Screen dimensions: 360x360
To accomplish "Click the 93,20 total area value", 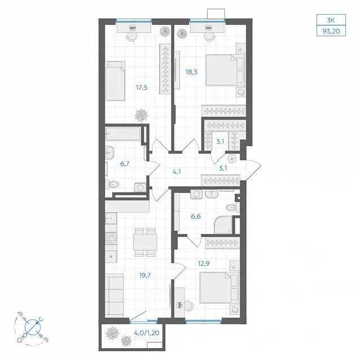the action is point(331,31).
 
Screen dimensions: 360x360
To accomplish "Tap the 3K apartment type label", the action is point(331,20).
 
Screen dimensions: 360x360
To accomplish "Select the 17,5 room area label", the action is point(142,87).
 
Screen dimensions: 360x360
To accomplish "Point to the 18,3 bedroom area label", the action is point(191,72).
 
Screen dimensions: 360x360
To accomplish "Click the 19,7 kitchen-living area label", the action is point(145,275).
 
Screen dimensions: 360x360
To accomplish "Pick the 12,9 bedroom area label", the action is point(204,264).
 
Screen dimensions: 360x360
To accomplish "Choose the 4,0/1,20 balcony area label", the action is point(147,333).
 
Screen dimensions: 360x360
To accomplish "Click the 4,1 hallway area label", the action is point(177,172).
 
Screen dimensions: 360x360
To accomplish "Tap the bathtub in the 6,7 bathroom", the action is point(123,134).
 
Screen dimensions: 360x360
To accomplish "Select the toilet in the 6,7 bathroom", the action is point(112,184).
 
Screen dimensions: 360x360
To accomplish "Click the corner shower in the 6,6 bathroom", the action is point(223,225).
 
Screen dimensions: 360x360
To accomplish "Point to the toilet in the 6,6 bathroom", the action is point(232,208).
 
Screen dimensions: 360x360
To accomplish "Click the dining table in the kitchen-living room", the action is point(146,242).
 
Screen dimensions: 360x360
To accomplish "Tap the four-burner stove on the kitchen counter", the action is point(111,238).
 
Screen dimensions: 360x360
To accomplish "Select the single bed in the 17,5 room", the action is point(115,81).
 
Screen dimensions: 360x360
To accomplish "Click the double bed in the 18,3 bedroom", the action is point(225,70).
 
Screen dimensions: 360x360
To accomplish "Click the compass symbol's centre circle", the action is point(33,327).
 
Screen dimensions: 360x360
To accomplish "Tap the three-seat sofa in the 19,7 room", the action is point(115,296).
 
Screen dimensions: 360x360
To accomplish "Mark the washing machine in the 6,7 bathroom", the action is point(140,187).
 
